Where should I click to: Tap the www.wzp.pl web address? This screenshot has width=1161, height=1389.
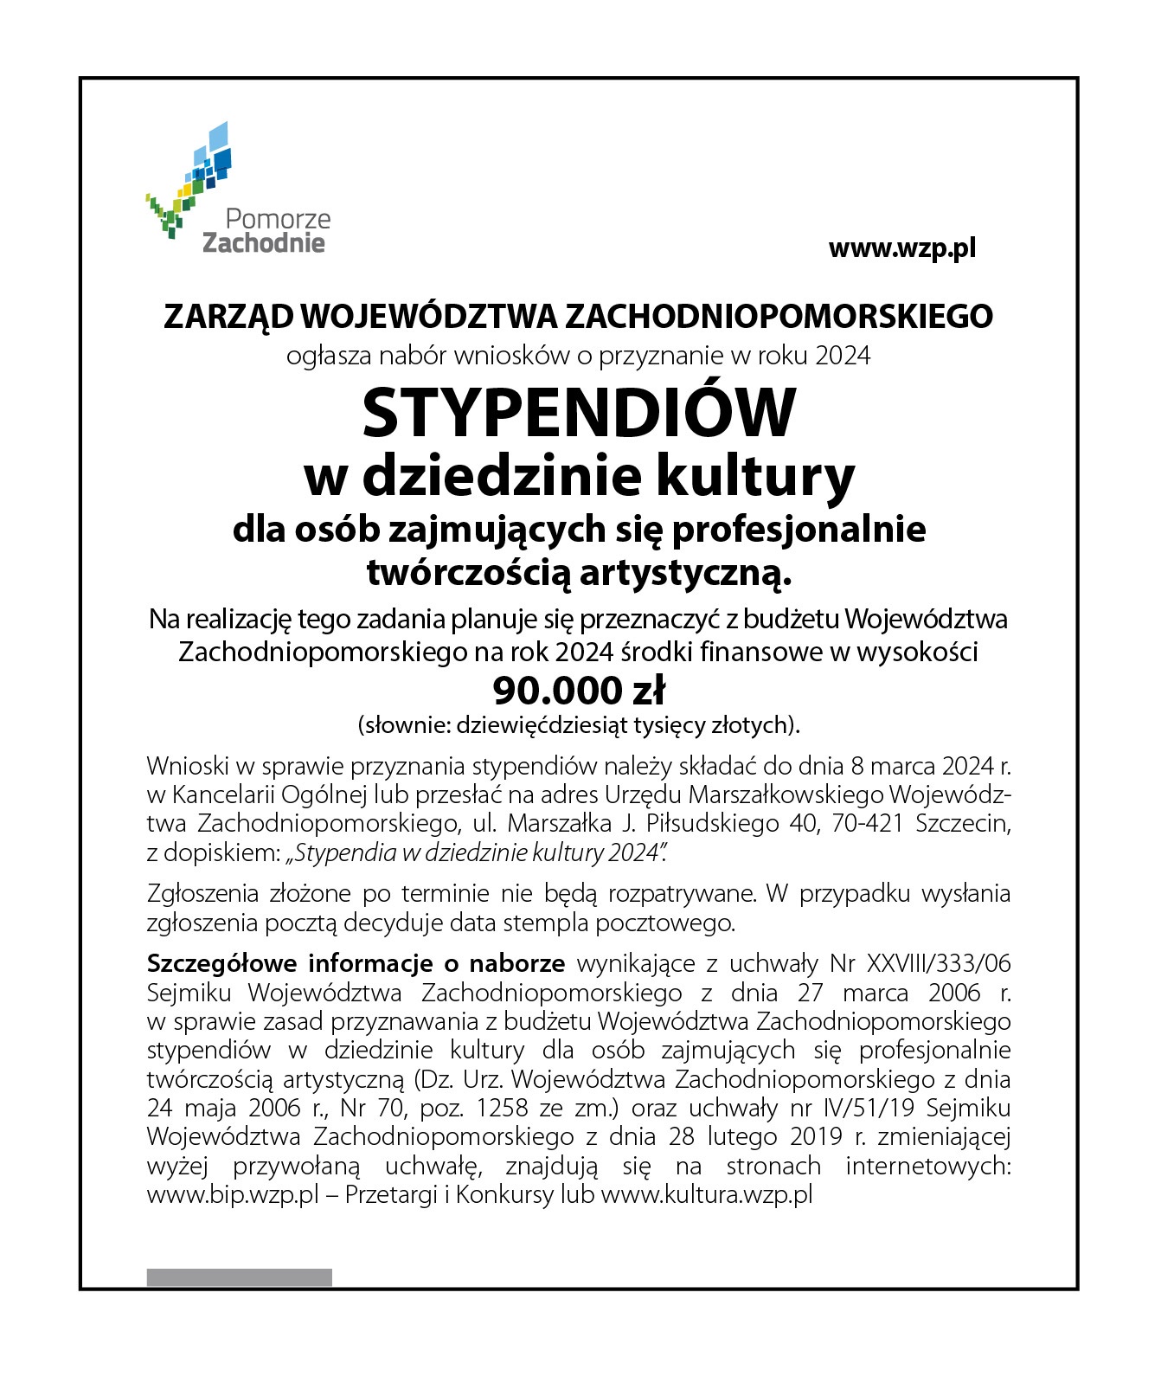(x=901, y=249)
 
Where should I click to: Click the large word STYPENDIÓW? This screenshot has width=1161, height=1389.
(x=578, y=414)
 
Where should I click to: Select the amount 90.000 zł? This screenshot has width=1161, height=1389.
(x=578, y=691)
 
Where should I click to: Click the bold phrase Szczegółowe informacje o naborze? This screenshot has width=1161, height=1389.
(x=356, y=963)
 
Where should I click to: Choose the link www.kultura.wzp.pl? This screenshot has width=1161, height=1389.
(x=706, y=1196)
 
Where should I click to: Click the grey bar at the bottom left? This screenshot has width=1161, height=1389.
(x=239, y=1277)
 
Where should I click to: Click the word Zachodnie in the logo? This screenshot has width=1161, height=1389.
(x=264, y=243)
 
